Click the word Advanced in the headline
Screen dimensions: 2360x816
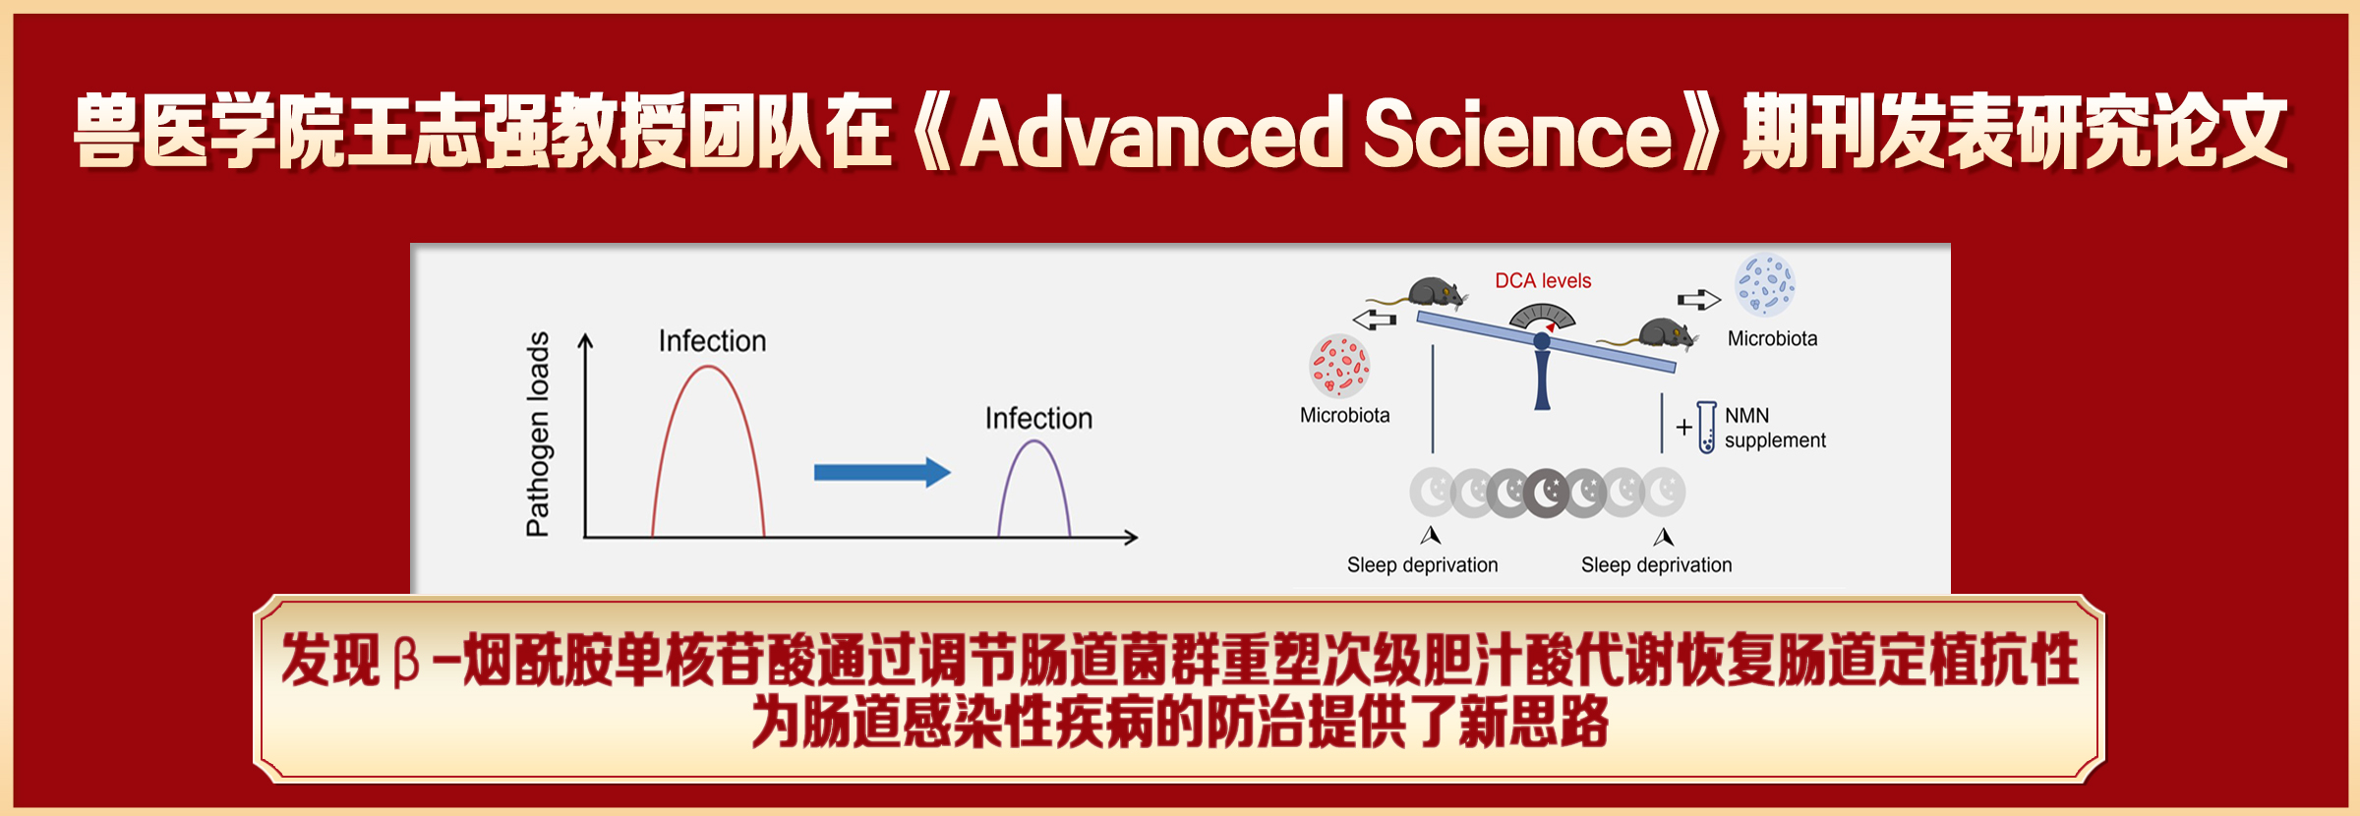pos(1151,132)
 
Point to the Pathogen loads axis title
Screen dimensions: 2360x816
pos(538,434)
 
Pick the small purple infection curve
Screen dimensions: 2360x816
pos(1034,441)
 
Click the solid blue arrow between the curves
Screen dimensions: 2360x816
pos(882,473)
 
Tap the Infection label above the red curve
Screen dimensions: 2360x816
pos(712,341)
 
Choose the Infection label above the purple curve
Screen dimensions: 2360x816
pos(1038,419)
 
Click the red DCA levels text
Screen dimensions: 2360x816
pos(1543,281)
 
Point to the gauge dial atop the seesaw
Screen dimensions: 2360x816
pos(1542,317)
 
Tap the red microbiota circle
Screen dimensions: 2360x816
pos(1339,366)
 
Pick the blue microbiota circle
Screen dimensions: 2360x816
pos(1765,285)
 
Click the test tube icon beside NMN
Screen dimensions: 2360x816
pos(1706,427)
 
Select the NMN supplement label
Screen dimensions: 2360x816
pos(1775,428)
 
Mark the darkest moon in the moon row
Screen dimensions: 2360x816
pos(1547,493)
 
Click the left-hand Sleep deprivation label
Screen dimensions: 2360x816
pos(1422,565)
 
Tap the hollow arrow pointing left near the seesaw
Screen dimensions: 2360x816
pos(1375,319)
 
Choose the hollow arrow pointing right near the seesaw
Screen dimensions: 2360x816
pos(1699,299)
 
